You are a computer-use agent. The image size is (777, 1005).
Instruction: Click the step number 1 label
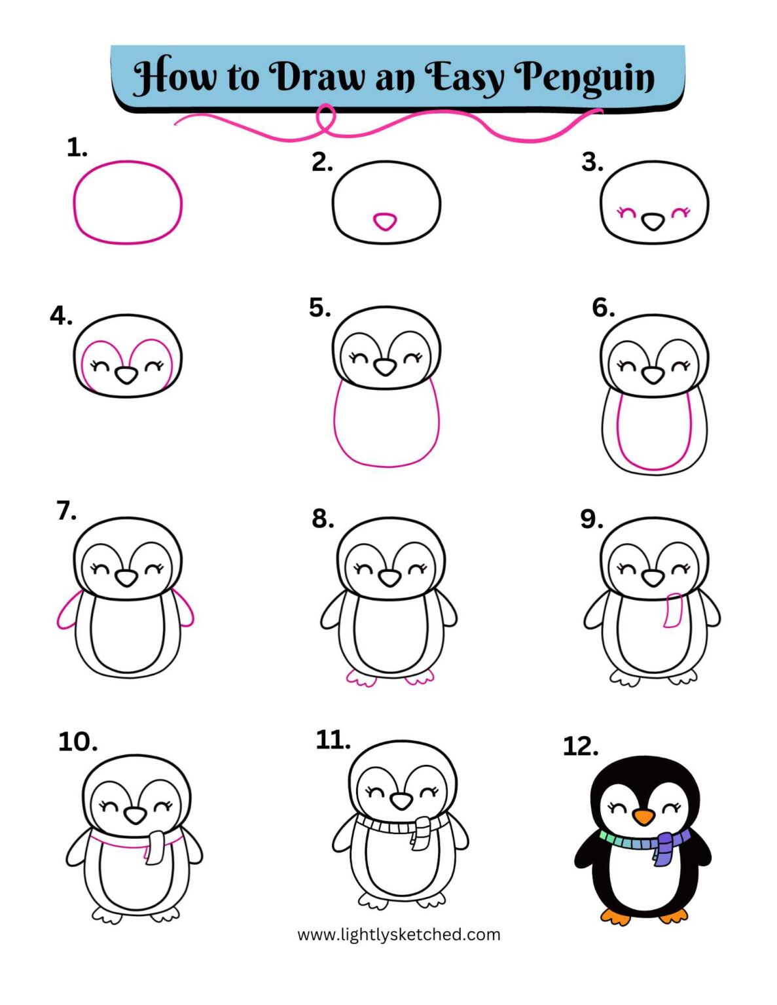tap(77, 148)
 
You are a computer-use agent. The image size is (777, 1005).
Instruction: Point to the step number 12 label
tap(580, 746)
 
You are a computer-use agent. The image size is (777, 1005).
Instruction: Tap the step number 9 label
tap(591, 519)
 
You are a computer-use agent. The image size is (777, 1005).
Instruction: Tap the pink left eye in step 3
tap(626, 212)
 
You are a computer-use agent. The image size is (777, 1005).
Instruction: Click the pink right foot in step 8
tap(419, 678)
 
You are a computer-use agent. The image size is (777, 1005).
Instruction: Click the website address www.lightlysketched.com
tap(399, 934)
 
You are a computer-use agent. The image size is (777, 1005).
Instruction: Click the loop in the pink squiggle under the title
tap(325, 118)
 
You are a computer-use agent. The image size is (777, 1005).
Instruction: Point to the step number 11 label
tap(333, 740)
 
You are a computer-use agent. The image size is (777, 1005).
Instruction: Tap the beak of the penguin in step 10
tap(136, 815)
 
